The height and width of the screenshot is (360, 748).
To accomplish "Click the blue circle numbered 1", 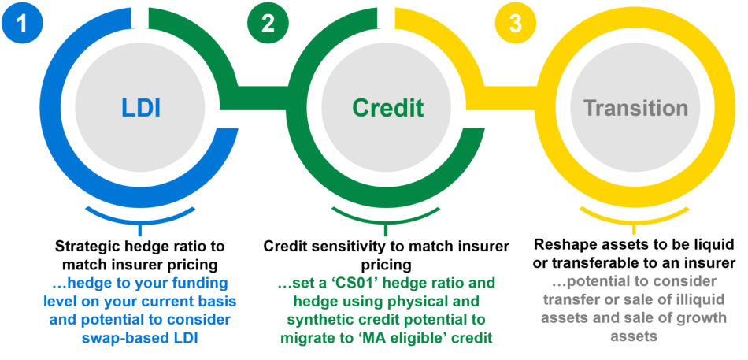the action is pos(21,22).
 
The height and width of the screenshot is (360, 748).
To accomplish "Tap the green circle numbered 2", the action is pos(268,22).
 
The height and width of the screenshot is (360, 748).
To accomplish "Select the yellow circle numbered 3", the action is pos(515,22).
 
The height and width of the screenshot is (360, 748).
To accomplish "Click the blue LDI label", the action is pos(140,108).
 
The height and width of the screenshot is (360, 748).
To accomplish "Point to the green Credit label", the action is pos(388,108).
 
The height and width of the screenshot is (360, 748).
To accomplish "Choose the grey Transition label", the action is pos(635,108).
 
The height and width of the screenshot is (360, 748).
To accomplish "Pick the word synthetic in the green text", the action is pos(312,319).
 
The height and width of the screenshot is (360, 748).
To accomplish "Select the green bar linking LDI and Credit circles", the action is pos(262,94).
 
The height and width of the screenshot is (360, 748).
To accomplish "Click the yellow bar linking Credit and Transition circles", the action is pos(509,94).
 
